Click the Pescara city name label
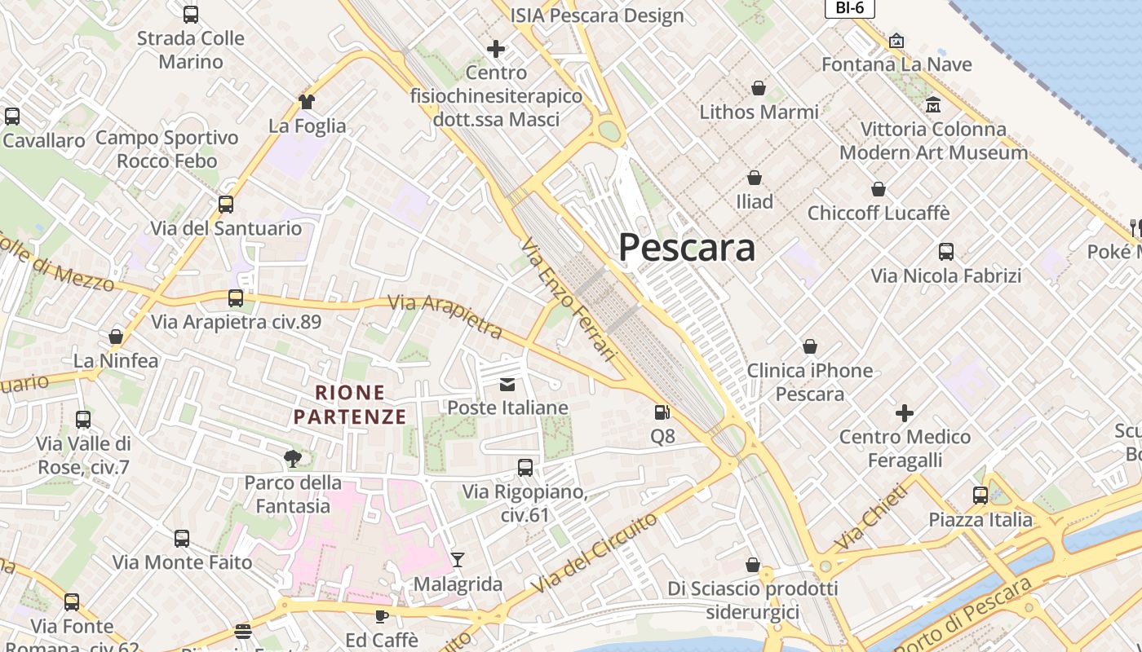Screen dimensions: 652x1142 tap(687, 247)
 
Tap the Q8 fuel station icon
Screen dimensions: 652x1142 tap(662, 413)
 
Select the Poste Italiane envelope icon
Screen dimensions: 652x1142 tap(507, 384)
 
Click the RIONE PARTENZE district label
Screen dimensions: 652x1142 tap(350, 405)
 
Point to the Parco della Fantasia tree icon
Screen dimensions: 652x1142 tap(292, 459)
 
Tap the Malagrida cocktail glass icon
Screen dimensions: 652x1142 tap(458, 560)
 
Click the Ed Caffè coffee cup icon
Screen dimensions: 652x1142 tap(381, 616)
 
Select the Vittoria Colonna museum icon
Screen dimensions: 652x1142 tap(933, 105)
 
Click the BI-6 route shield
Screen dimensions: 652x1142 tap(849, 8)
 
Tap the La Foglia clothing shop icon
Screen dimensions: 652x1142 tap(307, 102)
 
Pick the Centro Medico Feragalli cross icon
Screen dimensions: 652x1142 tap(905, 413)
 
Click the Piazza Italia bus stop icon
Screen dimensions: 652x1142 tap(980, 496)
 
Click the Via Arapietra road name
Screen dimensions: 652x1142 tap(445, 316)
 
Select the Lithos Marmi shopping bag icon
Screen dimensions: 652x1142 tap(759, 88)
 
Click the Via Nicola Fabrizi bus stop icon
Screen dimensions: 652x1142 tap(946, 252)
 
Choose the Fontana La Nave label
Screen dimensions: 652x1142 tap(896, 64)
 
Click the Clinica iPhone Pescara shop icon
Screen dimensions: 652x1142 tap(810, 347)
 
